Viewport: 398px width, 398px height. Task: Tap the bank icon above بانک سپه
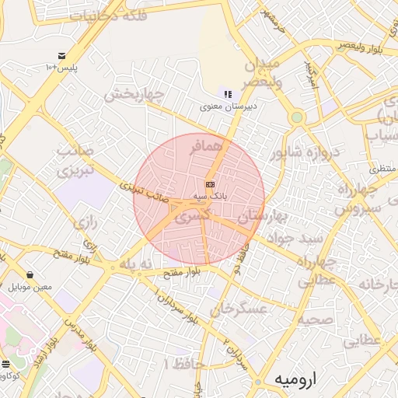click(210, 184)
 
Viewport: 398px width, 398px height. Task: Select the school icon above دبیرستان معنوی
click(228, 94)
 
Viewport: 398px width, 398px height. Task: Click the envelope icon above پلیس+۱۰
click(61, 55)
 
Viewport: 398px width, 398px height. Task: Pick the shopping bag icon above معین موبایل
click(30, 274)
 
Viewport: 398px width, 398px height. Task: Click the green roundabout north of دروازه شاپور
click(296, 117)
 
